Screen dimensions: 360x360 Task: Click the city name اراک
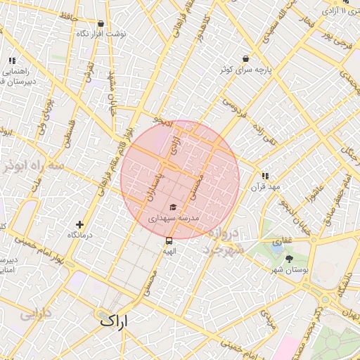(115, 321)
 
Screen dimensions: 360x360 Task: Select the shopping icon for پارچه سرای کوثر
(245, 59)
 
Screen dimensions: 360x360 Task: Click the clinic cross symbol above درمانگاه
(79, 225)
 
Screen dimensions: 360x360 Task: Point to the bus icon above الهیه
(168, 240)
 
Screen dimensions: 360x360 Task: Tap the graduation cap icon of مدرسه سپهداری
(173, 207)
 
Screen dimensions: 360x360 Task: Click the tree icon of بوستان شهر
(289, 259)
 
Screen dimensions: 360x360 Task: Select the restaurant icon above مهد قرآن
(265, 176)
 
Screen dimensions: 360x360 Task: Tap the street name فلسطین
(65, 132)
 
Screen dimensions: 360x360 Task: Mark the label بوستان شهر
(289, 270)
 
